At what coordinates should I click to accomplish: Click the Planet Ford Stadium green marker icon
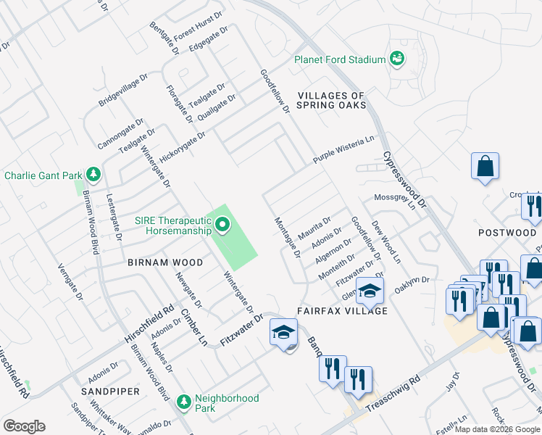(396, 59)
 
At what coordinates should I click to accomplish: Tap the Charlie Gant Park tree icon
(93, 175)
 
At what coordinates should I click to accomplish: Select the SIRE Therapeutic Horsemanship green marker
(222, 227)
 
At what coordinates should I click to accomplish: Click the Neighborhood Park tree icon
(184, 401)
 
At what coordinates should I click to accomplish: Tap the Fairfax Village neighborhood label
(342, 310)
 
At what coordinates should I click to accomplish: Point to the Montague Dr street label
(286, 238)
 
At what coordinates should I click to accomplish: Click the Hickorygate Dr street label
(183, 143)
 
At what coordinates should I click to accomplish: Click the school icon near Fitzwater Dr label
(283, 333)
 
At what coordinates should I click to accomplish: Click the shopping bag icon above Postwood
(485, 165)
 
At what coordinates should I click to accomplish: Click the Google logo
(24, 426)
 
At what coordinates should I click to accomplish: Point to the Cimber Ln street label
(194, 328)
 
